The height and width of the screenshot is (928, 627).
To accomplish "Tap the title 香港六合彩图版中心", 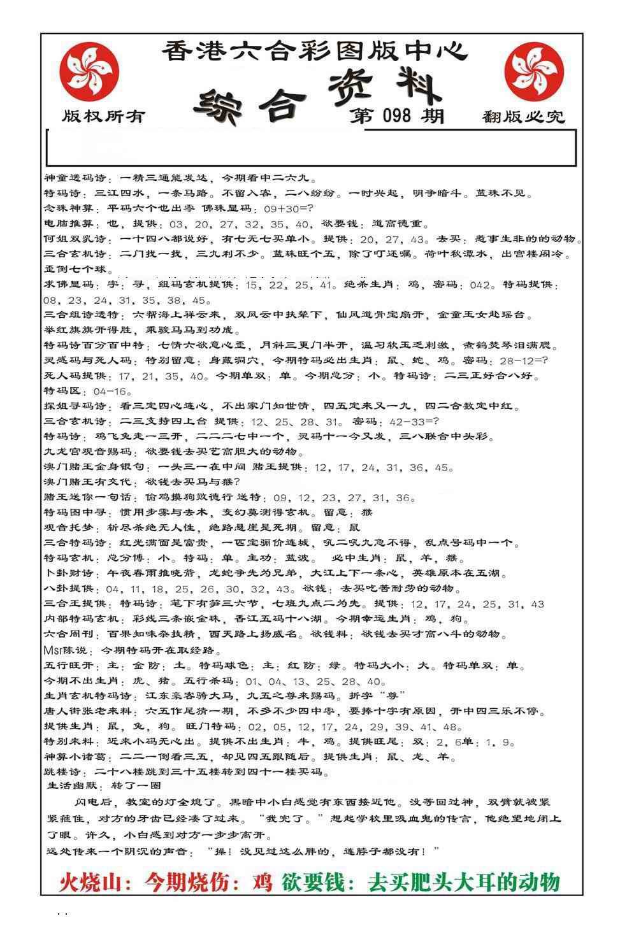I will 314,50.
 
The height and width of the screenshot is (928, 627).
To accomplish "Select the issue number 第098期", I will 396,116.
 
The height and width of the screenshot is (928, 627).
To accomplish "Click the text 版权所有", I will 103,116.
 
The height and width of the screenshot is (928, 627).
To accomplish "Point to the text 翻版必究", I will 523,117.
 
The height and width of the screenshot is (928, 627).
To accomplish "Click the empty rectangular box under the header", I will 311,148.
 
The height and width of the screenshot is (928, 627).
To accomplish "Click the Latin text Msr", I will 53,651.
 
